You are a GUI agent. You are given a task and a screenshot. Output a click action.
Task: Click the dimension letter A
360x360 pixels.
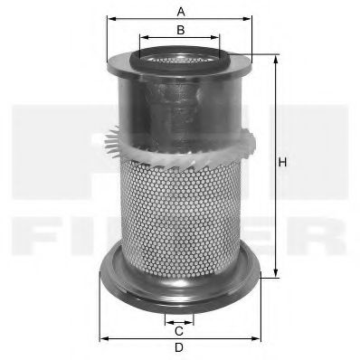pyautogui.click(x=181, y=11)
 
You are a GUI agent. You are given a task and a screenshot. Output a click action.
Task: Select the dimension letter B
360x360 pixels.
pyautogui.click(x=181, y=30)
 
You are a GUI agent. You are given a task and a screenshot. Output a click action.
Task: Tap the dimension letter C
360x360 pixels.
pyautogui.click(x=180, y=330)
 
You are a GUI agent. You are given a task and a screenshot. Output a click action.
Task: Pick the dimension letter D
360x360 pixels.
pyautogui.click(x=179, y=348)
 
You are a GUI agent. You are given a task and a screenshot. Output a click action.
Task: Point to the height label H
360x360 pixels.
pyautogui.click(x=282, y=162)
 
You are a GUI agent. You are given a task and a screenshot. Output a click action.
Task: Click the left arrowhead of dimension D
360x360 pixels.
pyautogui.click(x=100, y=338)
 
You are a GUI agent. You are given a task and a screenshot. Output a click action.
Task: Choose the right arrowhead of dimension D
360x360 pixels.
pyautogui.click(x=261, y=338)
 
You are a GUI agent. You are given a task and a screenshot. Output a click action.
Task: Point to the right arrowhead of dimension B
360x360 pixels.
pyautogui.click(x=217, y=39)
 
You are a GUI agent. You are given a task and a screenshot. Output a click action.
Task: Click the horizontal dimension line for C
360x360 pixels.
pyautogui.click(x=180, y=320)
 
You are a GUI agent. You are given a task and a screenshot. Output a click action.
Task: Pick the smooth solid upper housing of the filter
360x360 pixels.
pyautogui.click(x=181, y=109)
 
